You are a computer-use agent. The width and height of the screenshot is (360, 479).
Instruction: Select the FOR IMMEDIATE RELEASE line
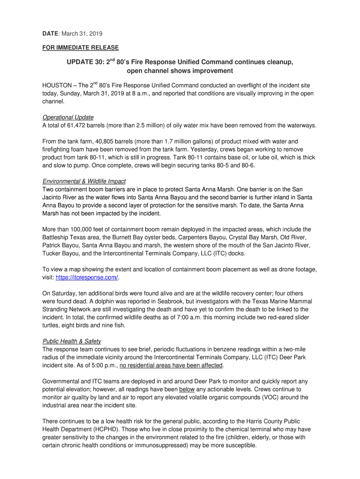(80, 48)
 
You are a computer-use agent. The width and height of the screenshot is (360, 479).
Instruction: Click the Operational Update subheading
(68, 117)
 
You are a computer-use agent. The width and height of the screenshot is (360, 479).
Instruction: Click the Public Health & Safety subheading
(72, 341)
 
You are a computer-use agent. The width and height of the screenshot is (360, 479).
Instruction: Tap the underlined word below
(187, 389)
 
